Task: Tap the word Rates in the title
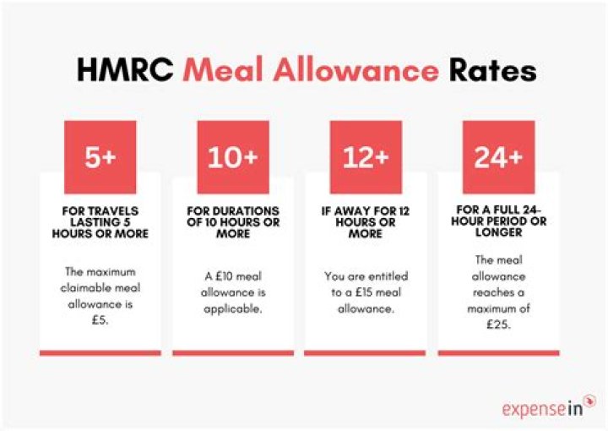pyautogui.click(x=494, y=70)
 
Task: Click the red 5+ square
pyautogui.click(x=100, y=157)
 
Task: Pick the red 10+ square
pyautogui.click(x=232, y=157)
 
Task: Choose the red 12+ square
pyautogui.click(x=366, y=157)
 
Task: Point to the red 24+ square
pyautogui.click(x=498, y=157)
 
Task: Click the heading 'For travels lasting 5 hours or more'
pyautogui.click(x=100, y=222)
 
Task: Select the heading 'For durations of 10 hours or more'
pyautogui.click(x=232, y=222)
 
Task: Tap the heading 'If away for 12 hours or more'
pyautogui.click(x=366, y=222)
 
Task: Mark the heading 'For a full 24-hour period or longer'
pyautogui.click(x=498, y=222)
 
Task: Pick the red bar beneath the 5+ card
pyautogui.click(x=100, y=352)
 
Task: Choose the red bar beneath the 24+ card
pyautogui.click(x=498, y=352)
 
